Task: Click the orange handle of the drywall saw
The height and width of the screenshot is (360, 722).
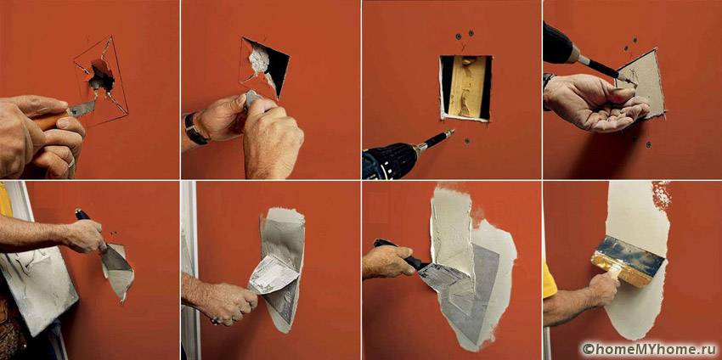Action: pyautogui.click(x=48, y=121)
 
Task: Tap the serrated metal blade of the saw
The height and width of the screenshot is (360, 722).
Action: pyautogui.click(x=83, y=108)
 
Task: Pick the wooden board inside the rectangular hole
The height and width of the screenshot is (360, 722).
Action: pyautogui.click(x=467, y=86)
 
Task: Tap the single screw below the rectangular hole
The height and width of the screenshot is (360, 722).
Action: pyautogui.click(x=467, y=141)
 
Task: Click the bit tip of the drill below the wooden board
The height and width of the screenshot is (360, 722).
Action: pyautogui.click(x=450, y=132)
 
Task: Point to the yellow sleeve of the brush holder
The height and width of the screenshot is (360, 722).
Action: pyautogui.click(x=549, y=280)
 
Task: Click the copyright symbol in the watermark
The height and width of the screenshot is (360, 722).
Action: pyautogui.click(x=587, y=350)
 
